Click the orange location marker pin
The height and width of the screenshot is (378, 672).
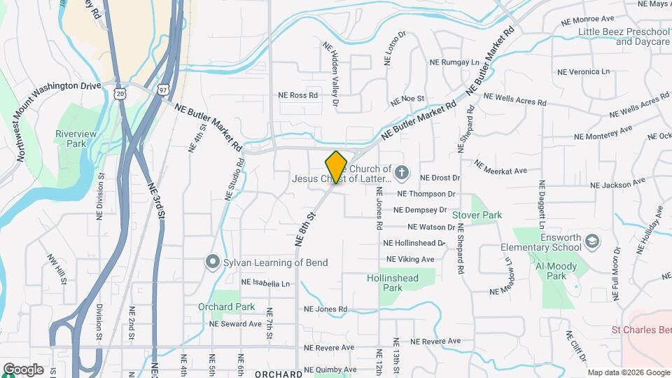(x=336, y=167)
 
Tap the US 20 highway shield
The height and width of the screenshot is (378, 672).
(x=121, y=92)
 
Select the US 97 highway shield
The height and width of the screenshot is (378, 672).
(x=163, y=90)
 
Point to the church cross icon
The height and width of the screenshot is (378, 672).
(x=402, y=171)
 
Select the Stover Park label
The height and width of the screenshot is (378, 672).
(x=477, y=216)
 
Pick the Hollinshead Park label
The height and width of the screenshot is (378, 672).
(x=393, y=283)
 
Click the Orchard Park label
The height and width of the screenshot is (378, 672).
(x=225, y=307)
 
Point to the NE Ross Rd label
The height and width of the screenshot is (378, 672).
(x=298, y=95)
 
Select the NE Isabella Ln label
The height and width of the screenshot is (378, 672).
(x=265, y=283)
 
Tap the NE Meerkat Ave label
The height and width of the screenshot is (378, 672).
(x=500, y=167)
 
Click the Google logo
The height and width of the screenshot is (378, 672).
(x=23, y=369)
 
